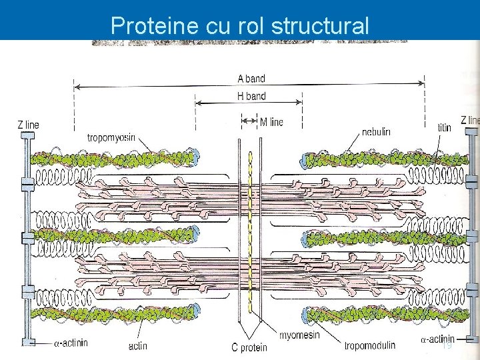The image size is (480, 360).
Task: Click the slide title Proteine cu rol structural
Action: [239, 25]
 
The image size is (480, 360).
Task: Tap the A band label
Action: [251, 78]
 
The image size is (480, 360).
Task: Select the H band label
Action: [251, 96]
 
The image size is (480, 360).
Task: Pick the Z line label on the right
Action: [469, 121]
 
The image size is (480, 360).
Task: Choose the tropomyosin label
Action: [111, 138]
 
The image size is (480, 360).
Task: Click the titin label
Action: [444, 127]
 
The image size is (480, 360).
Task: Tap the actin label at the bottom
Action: [137, 345]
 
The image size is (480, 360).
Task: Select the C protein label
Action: [249, 347]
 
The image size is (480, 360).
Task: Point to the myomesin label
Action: [299, 335]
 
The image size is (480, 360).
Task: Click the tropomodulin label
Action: [369, 345]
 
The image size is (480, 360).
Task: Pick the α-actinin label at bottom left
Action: [73, 344]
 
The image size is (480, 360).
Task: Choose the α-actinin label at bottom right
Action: [437, 339]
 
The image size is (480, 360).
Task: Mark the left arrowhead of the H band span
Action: [198, 103]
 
